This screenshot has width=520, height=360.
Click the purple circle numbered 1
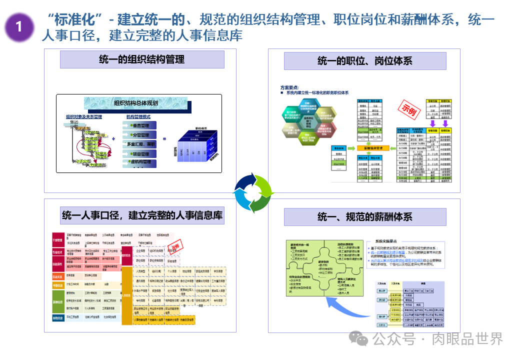19,26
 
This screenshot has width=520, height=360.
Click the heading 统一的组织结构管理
142,59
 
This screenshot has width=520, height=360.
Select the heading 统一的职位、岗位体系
365,61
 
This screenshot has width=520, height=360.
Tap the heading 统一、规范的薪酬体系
365,216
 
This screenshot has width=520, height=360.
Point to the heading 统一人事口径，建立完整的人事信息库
142,215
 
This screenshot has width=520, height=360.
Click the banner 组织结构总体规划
136,103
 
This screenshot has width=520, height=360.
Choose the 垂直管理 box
138,125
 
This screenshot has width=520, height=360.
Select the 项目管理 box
138,154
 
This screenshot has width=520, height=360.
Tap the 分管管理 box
138,135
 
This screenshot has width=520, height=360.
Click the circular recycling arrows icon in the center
254,192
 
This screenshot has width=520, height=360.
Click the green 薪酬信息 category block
58,302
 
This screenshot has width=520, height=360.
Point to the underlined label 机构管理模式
138,116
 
